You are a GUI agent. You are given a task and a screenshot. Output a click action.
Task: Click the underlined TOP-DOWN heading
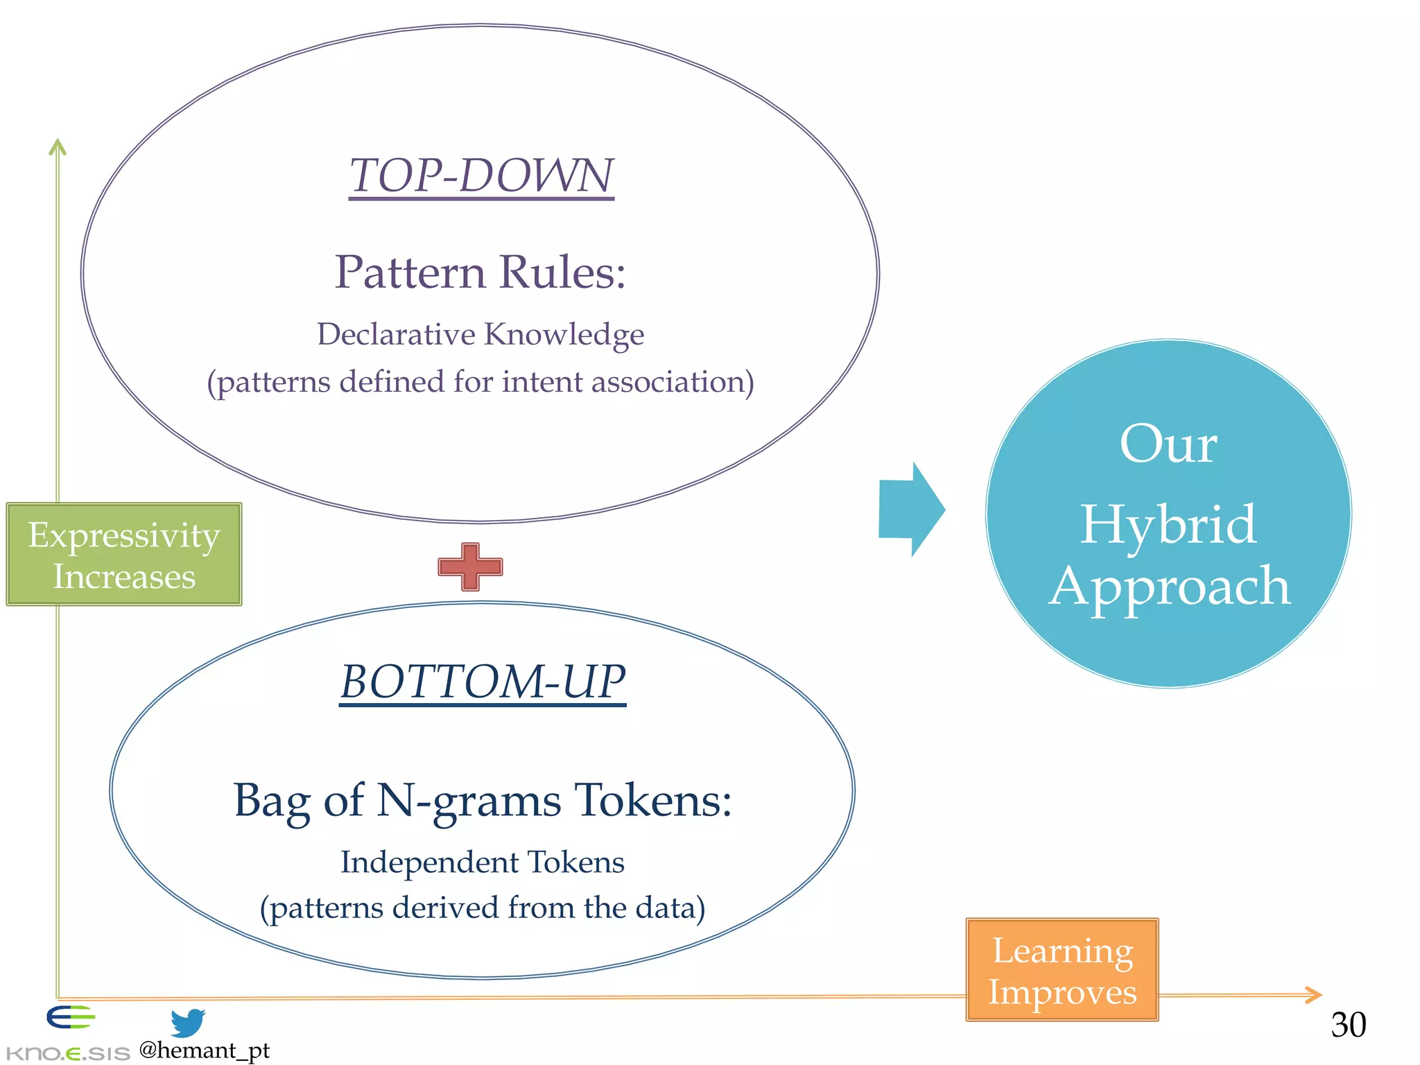point(481,176)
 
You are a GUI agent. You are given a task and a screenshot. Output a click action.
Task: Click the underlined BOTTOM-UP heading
point(483,682)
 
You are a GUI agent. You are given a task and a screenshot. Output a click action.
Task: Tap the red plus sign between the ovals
point(470,567)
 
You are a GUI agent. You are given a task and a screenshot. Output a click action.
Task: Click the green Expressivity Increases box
point(124,555)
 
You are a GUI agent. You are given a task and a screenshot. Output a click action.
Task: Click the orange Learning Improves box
point(1062,970)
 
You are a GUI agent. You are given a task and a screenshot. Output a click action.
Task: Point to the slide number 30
point(1348,1025)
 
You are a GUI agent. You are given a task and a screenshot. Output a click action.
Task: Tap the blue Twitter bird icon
point(188,1023)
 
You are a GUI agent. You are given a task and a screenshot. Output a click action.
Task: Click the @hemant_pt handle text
point(204,1050)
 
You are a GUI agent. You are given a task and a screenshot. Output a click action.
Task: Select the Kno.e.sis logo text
point(67,1054)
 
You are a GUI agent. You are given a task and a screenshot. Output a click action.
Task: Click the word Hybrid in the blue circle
point(1168,525)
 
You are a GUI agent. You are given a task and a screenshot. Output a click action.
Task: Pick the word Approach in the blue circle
point(1169,587)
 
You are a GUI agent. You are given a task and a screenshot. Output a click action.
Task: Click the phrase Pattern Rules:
point(480,272)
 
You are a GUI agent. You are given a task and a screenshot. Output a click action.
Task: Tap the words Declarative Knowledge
point(480,334)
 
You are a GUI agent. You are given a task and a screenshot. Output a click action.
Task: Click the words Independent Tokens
point(483,863)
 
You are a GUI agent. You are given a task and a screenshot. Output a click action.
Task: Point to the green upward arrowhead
point(58,146)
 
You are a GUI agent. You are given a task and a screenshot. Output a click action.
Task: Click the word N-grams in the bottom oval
point(469,802)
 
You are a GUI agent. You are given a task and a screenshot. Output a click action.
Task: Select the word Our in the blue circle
point(1168,444)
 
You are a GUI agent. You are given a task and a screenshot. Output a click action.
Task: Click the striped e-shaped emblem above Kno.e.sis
point(70,1017)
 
